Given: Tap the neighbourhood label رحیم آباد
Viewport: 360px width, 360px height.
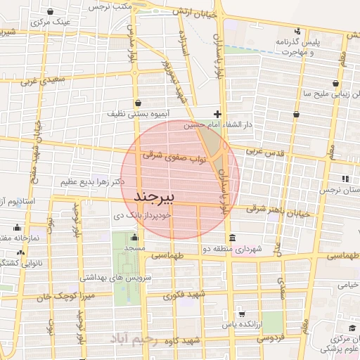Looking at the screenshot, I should (x=139, y=340).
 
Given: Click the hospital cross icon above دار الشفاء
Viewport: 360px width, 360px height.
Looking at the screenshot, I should (x=218, y=114).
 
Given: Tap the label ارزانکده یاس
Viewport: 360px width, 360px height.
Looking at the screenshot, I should (x=217, y=326).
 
